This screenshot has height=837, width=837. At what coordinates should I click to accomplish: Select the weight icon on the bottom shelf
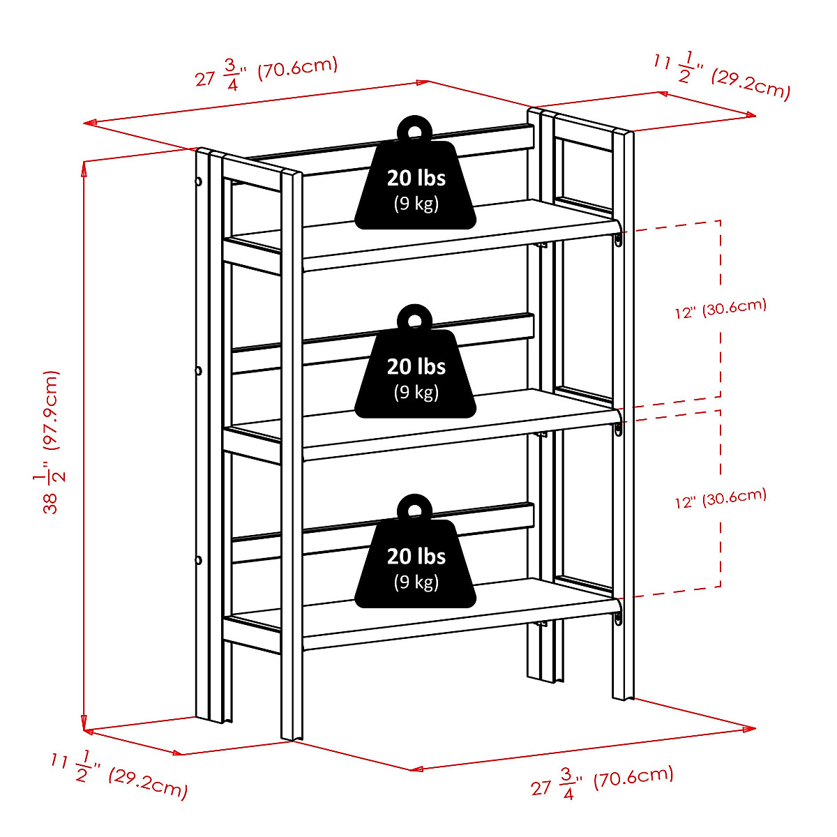tap(416, 561)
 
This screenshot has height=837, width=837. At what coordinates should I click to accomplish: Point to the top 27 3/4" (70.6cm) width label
tap(266, 73)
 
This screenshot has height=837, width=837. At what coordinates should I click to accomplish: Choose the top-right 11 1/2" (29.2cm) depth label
tap(722, 77)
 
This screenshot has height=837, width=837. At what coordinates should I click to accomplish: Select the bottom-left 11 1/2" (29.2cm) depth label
tap(119, 775)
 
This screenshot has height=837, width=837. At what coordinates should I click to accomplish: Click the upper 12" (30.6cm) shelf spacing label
tap(721, 308)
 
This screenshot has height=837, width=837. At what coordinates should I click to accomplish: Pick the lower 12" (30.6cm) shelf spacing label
tap(721, 498)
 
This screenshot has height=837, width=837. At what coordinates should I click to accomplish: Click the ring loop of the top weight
tap(415, 130)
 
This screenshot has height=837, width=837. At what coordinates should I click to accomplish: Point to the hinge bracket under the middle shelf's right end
tap(619, 429)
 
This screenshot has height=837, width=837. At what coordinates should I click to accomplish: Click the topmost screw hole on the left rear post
tap(198, 181)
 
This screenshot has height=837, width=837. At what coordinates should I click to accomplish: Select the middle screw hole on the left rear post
tap(198, 370)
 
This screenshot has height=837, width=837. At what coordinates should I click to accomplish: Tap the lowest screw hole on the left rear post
tap(198, 559)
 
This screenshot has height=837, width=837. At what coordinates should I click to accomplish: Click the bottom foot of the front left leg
tap(292, 736)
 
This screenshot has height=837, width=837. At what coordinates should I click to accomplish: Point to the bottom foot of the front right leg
tap(623, 695)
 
